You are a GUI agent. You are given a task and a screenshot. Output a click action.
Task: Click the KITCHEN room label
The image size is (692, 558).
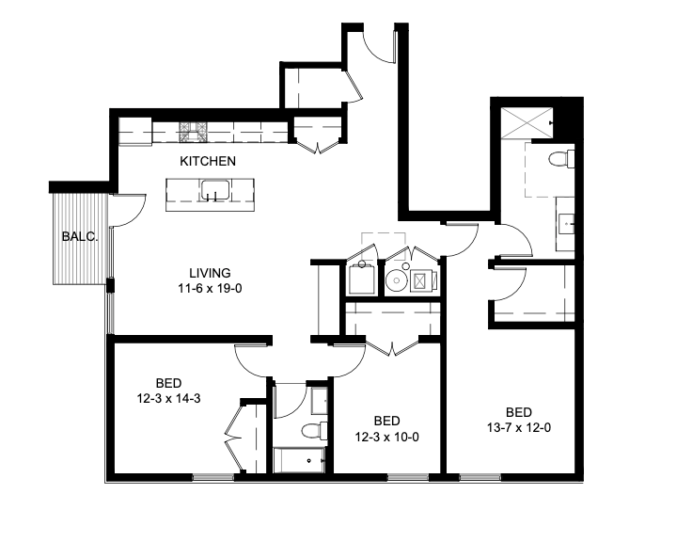click(208, 161)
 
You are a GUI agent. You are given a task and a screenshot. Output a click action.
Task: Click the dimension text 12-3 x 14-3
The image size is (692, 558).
click(168, 398)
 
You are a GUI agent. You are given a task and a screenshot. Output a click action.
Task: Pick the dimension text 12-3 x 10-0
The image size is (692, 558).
click(386, 436)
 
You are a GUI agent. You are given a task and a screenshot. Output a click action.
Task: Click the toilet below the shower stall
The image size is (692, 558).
click(561, 158)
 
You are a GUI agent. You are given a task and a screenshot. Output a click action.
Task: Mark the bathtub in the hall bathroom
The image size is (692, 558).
click(299, 461)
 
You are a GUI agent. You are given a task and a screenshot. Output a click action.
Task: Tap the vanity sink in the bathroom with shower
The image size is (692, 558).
click(566, 223)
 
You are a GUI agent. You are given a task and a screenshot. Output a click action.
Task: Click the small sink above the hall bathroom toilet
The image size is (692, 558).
click(319, 400)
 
